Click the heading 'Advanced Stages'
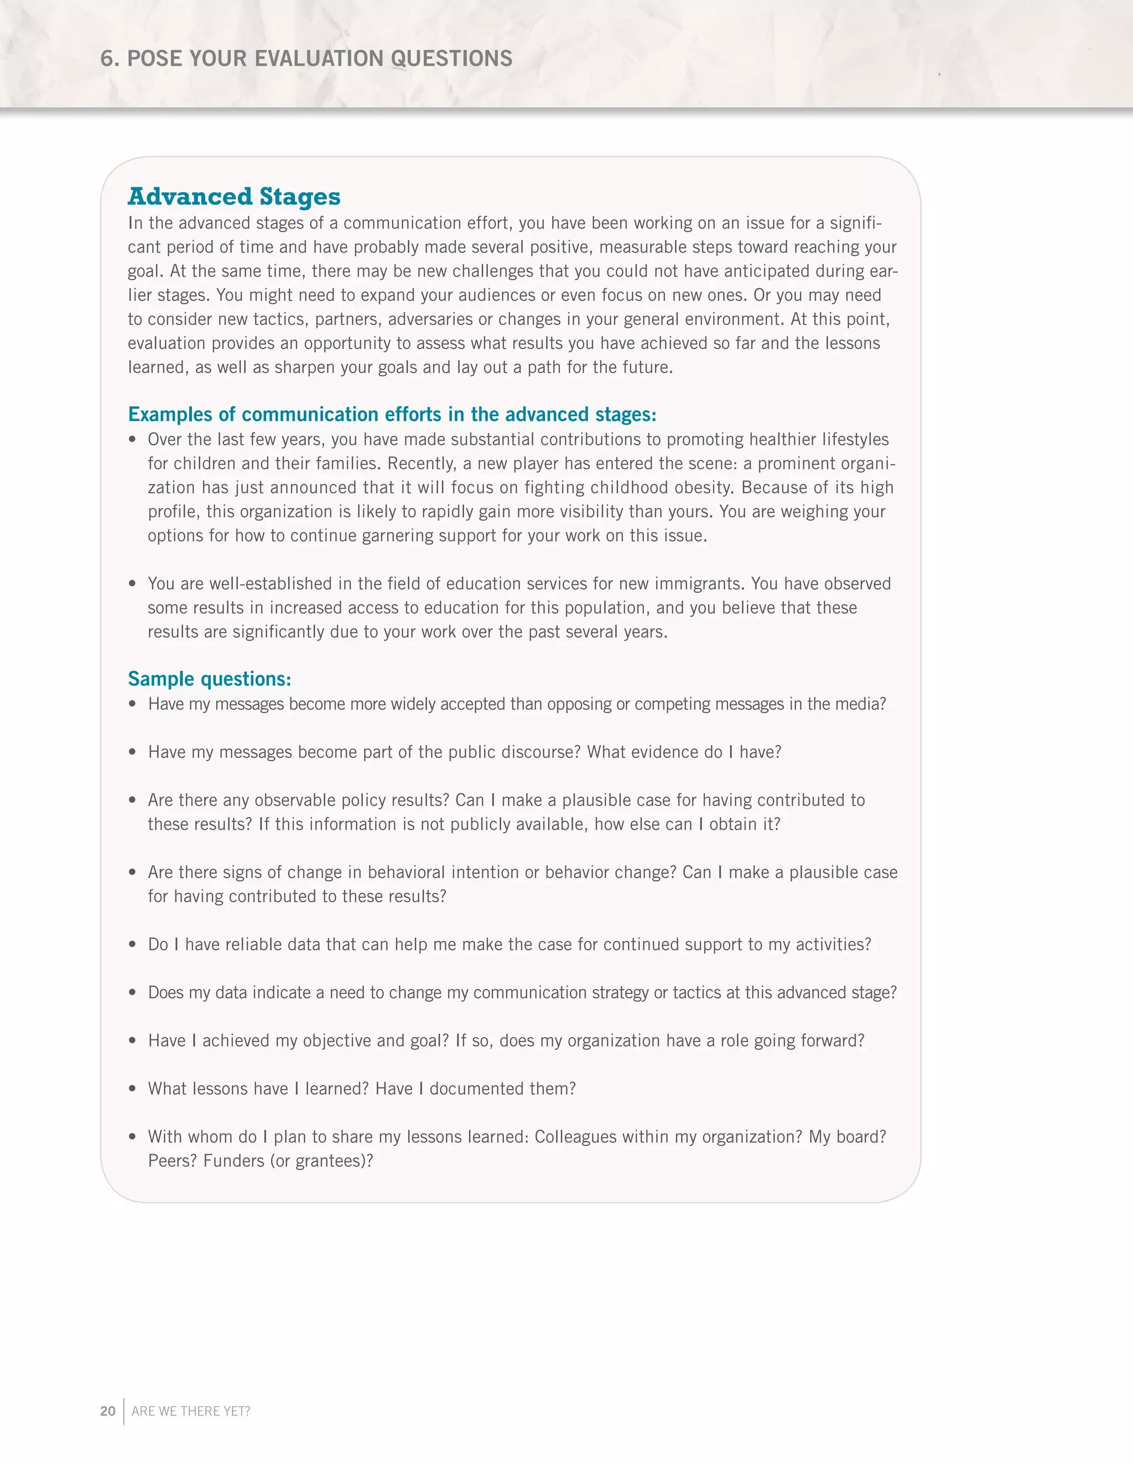coord(234,197)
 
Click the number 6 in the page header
coord(106,59)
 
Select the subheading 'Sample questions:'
coord(210,679)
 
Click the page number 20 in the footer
coord(107,1411)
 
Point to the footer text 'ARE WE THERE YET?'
coord(191,1411)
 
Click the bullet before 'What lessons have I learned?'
coord(133,1089)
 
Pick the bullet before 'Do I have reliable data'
coord(133,944)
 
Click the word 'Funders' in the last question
coord(233,1161)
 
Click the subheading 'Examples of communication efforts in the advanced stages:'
coord(392,415)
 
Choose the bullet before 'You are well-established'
coord(133,584)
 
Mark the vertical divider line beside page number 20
coord(124,1411)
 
